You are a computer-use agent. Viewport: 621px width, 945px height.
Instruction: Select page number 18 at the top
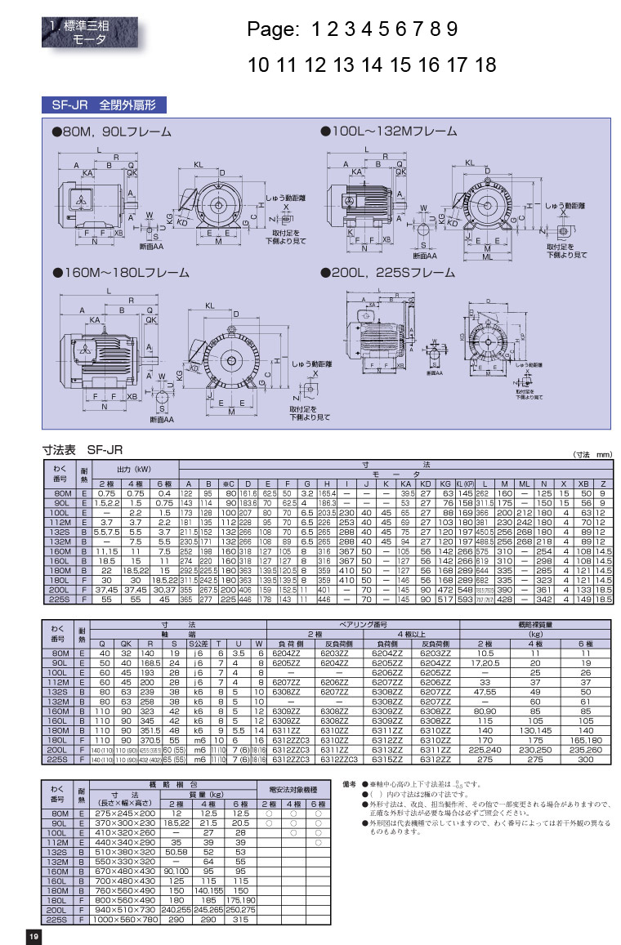pyautogui.click(x=485, y=65)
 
